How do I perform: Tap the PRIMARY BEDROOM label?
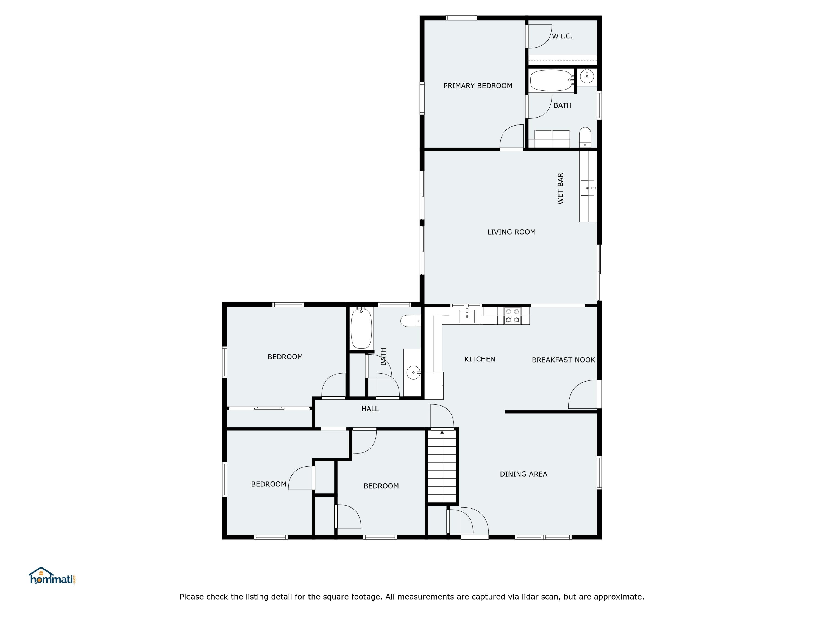(478, 86)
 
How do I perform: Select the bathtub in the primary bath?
(551, 80)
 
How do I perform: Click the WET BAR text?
(560, 188)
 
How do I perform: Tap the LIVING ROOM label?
(511, 232)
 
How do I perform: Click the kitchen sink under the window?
(467, 316)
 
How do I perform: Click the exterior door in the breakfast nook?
(583, 394)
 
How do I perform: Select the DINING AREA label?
(524, 474)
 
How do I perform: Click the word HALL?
(370, 409)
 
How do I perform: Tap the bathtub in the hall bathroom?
(361, 328)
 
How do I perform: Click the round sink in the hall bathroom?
(413, 372)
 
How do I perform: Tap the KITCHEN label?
(479, 359)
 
